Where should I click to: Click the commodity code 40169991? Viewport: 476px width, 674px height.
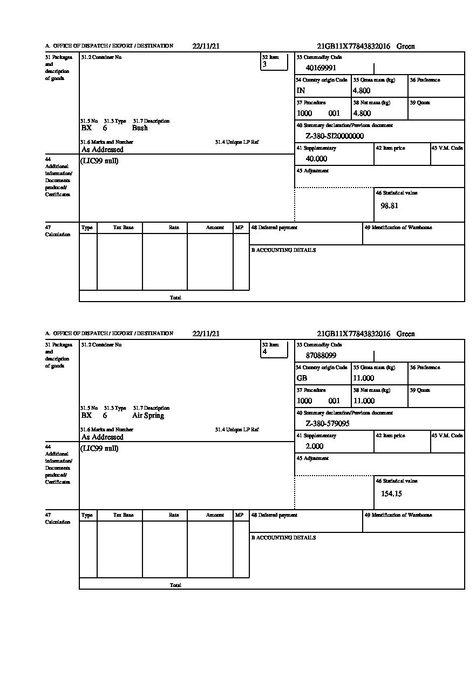pyautogui.click(x=321, y=68)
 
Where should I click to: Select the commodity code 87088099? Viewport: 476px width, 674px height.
pyautogui.click(x=321, y=356)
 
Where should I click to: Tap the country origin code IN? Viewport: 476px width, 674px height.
pyautogui.click(x=301, y=91)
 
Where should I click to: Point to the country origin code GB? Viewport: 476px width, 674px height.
pyautogui.click(x=302, y=378)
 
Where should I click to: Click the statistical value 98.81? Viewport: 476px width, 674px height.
pyautogui.click(x=389, y=206)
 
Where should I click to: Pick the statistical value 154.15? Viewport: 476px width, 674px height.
pyautogui.click(x=391, y=493)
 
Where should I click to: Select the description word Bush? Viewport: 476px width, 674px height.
pyautogui.click(x=140, y=128)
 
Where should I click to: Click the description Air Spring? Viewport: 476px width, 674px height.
pyautogui.click(x=148, y=416)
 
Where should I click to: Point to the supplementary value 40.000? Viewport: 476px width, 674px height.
pyautogui.click(x=316, y=159)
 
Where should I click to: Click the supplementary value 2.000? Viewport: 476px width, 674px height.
pyautogui.click(x=314, y=446)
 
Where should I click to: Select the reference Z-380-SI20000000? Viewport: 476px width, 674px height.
pyautogui.click(x=334, y=136)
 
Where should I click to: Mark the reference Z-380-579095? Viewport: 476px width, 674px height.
pyautogui.click(x=327, y=424)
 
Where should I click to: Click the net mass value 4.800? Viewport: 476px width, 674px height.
pyautogui.click(x=362, y=114)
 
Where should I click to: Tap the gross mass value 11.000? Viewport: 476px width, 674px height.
pyautogui.click(x=363, y=378)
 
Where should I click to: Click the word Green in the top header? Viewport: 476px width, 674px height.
pyautogui.click(x=405, y=46)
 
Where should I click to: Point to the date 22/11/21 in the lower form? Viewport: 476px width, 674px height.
pyautogui.click(x=206, y=334)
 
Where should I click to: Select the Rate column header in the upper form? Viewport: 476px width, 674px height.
pyautogui.click(x=173, y=228)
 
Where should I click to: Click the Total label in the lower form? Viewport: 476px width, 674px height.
pyautogui.click(x=175, y=585)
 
